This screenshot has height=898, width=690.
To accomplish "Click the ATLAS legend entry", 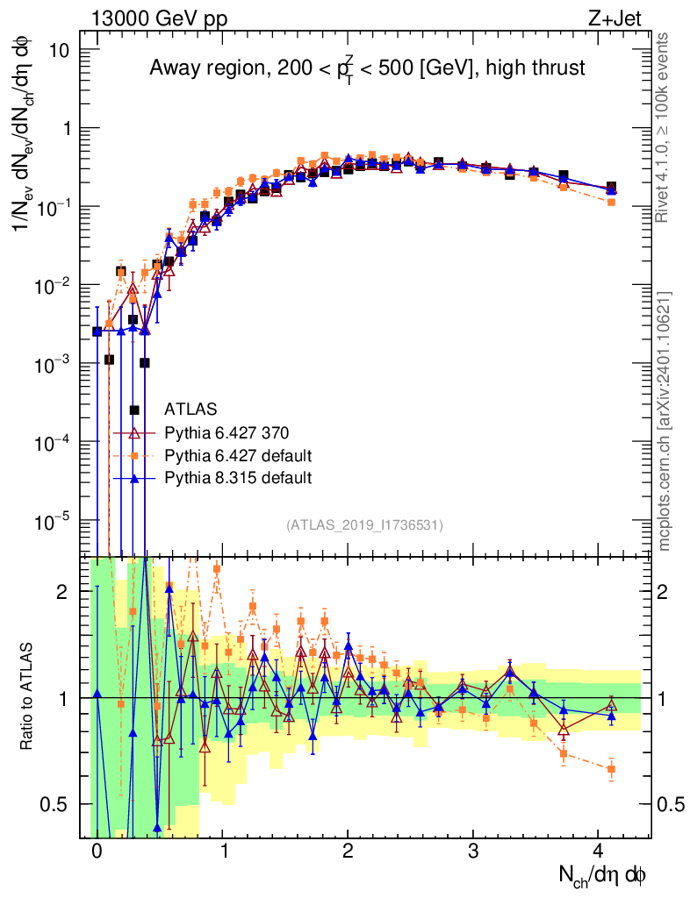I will click(x=190, y=409).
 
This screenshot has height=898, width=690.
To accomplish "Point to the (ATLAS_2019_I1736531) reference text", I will click(x=364, y=525).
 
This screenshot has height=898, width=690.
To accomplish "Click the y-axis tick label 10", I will click(x=59, y=50).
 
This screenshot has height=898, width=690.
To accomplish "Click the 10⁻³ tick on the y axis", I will click(x=54, y=364).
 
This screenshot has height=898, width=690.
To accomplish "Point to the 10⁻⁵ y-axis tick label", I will click(x=54, y=521).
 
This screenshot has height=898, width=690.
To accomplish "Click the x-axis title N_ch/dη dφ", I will click(x=604, y=875).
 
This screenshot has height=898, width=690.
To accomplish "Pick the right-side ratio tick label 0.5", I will click(x=671, y=804).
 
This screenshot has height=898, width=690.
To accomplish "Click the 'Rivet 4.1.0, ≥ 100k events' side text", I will click(x=665, y=127).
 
